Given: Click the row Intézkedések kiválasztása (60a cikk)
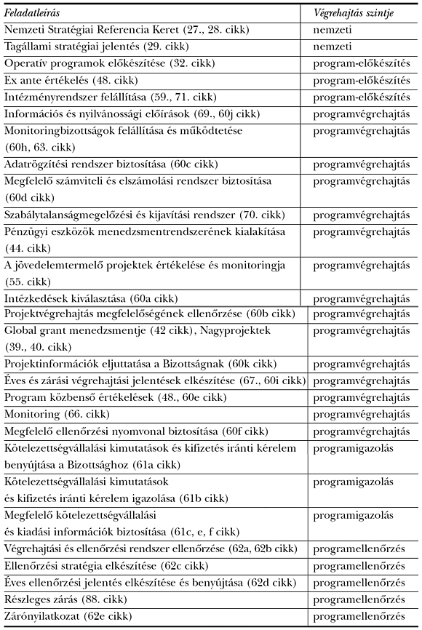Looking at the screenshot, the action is click(x=101, y=299).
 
